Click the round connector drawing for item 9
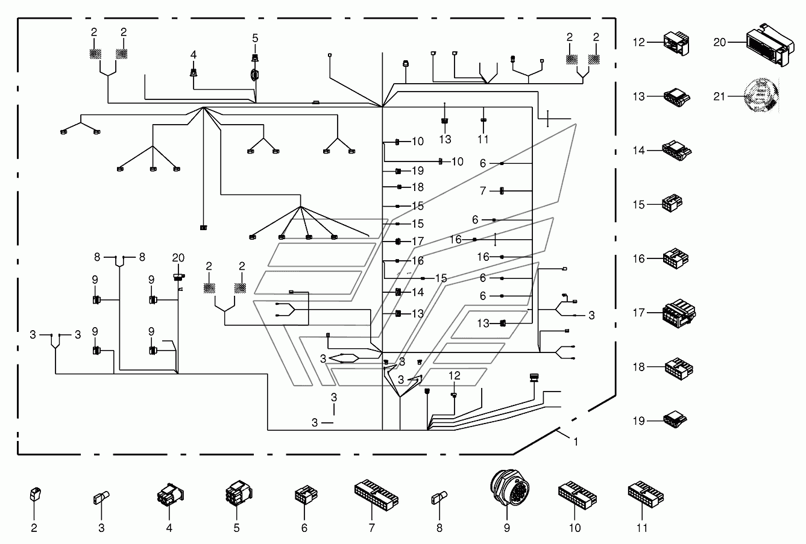pos(509,488)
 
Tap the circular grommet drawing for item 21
pos(761,95)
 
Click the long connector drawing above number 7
pos(376,495)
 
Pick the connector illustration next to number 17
pos(679,313)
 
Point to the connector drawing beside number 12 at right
pos(676,43)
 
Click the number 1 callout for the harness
pos(576,442)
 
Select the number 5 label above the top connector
pos(255,38)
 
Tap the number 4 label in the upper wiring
pos(194,55)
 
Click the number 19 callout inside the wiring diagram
pos(418,170)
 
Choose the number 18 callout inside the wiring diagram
pos(418,187)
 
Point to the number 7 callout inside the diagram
pos(483,190)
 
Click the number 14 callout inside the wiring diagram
pos(418,292)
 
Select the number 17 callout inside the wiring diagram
pos(418,241)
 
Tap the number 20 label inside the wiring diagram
pos(178,257)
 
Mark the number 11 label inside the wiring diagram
pos(483,139)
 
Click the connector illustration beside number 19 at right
pos(675,419)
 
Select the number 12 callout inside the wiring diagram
pos(455,376)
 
